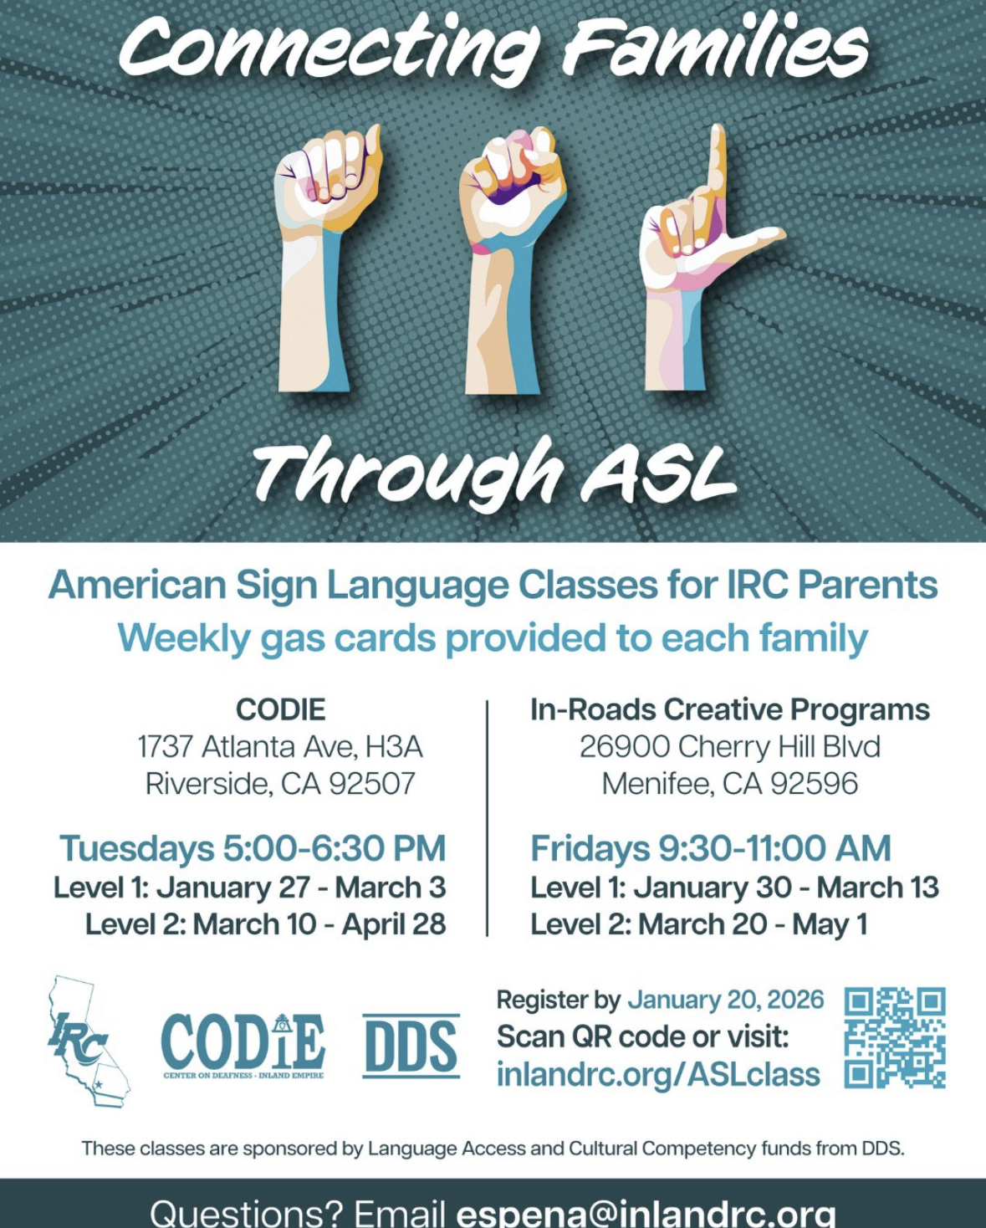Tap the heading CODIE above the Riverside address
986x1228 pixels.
pos(281,710)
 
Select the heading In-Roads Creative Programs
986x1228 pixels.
pos(730,710)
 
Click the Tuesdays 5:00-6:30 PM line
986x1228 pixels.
pos(253,848)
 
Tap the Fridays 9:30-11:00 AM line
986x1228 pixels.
pos(710,848)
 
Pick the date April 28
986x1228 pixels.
pos(394,924)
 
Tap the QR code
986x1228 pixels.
pos(895,1037)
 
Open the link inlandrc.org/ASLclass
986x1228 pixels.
pos(658,1075)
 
